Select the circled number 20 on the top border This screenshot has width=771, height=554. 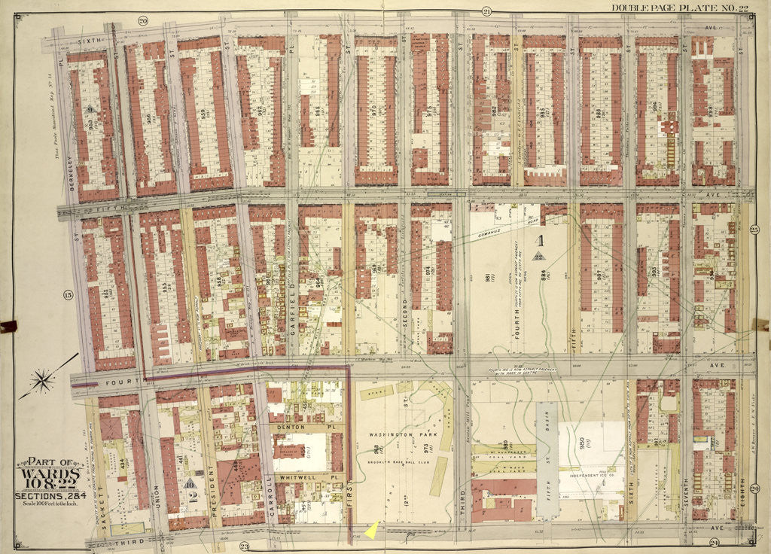(142, 20)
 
